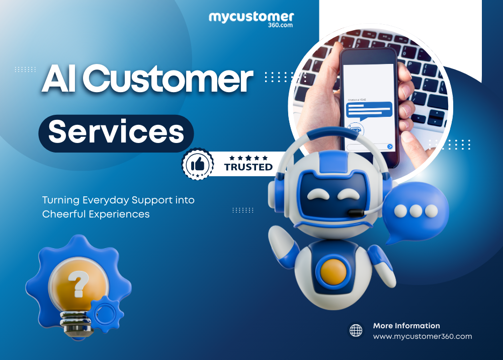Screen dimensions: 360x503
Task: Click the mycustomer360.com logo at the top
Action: coord(251,19)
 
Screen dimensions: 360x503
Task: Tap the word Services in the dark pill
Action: coord(116,132)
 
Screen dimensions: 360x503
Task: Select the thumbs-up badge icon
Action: coord(197,164)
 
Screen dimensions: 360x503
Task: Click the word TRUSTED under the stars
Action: coord(248,167)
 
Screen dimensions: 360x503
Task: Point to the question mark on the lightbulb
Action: coord(79,283)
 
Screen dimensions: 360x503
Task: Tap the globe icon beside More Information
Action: coord(356,331)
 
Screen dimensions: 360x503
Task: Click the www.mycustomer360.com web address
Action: coord(422,336)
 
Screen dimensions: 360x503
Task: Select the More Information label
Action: coord(406,326)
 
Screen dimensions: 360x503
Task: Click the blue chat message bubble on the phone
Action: coord(370,108)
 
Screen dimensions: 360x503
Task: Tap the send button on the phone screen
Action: coord(390,147)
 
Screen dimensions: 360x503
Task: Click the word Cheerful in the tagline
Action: coord(64,214)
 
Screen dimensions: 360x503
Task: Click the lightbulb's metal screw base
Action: coord(75,322)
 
